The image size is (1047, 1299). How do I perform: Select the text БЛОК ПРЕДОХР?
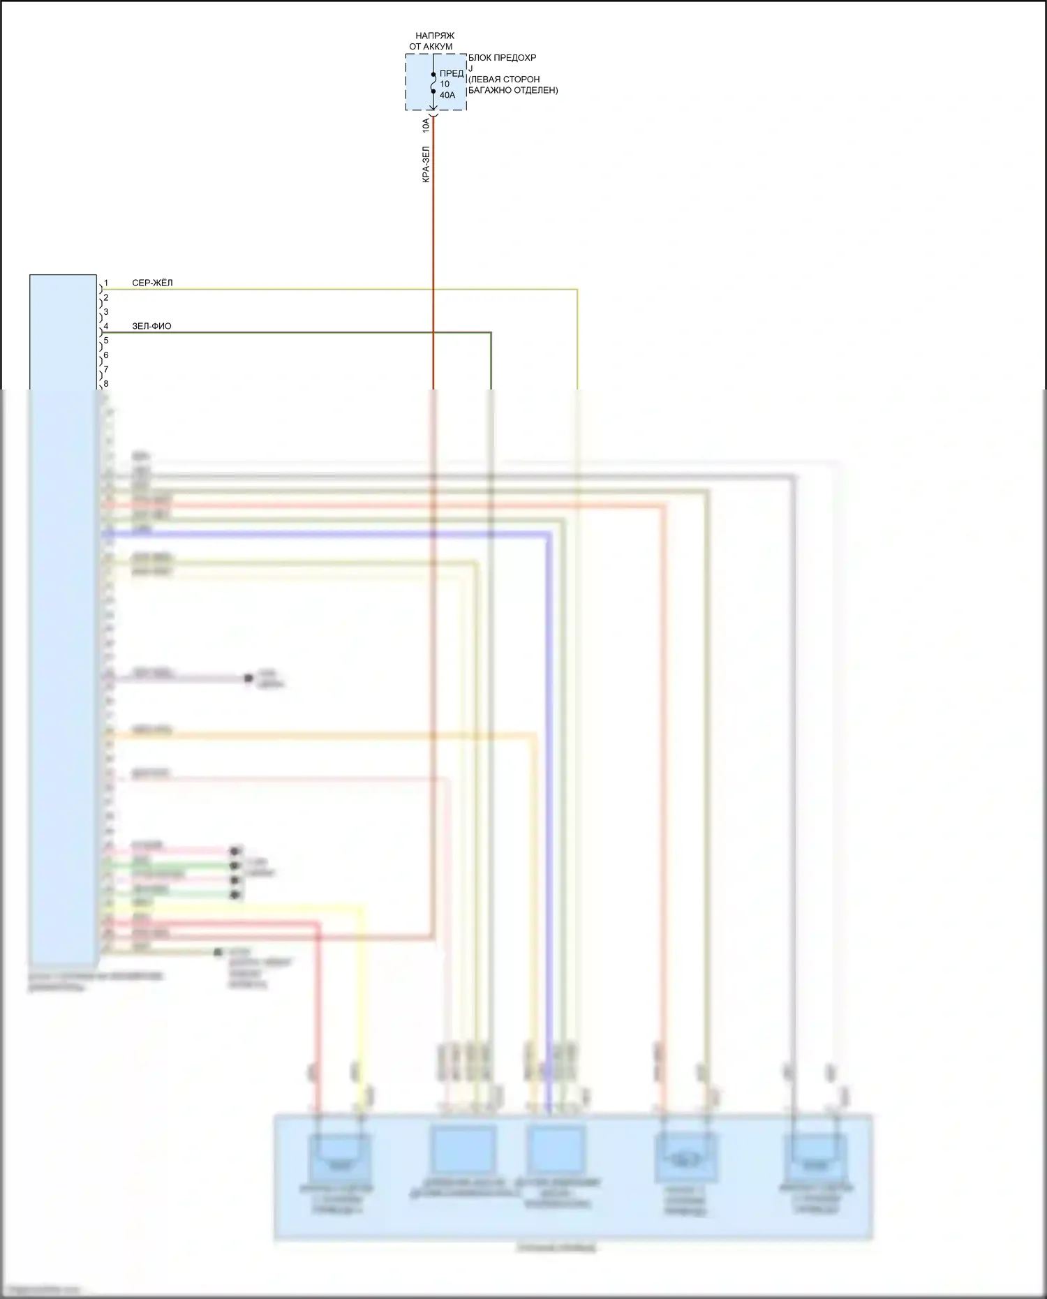tap(502, 58)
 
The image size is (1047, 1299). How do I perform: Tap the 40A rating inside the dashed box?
tap(447, 95)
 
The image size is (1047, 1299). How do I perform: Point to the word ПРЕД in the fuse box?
tap(452, 73)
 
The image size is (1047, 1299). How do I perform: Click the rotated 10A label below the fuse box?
tap(426, 126)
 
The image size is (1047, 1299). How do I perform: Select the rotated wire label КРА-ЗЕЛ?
tap(426, 165)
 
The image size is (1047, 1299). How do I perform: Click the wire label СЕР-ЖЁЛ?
tap(152, 283)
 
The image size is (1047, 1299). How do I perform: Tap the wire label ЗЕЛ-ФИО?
tap(151, 327)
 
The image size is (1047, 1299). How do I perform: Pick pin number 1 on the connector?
tap(106, 283)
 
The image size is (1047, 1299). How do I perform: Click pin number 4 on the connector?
tap(106, 327)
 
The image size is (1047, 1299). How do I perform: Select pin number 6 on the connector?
tap(106, 355)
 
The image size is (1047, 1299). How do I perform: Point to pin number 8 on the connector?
tap(106, 384)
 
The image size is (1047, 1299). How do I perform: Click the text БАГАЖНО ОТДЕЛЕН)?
tap(513, 90)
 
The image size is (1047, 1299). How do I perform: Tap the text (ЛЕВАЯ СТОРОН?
tap(504, 80)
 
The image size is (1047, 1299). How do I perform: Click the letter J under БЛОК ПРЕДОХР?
tap(470, 68)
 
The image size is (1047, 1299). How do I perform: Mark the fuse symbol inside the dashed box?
tap(433, 83)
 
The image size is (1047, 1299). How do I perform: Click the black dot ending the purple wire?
tap(248, 678)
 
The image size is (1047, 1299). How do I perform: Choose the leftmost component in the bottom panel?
tap(339, 1159)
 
